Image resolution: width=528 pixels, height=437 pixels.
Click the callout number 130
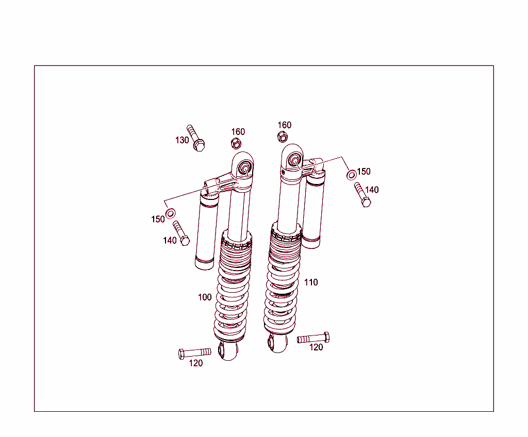click(182, 140)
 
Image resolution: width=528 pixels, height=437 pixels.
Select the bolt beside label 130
click(196, 138)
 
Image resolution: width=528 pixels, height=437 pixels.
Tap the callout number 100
click(205, 297)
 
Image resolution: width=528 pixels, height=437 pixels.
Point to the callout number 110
click(311, 282)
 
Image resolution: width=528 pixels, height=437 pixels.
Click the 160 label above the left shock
click(238, 132)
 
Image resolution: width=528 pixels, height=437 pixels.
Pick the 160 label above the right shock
click(284, 125)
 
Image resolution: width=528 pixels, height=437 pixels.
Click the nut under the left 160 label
click(236, 143)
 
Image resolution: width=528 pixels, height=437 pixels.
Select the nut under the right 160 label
click(283, 137)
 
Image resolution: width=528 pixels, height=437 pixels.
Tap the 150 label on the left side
click(158, 219)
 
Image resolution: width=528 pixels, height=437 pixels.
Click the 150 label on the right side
click(364, 172)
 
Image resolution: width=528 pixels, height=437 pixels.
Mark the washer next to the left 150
click(170, 213)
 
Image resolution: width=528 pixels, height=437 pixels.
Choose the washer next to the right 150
click(351, 174)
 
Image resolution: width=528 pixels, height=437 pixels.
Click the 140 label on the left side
click(170, 241)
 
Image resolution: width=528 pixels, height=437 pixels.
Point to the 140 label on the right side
click(371, 190)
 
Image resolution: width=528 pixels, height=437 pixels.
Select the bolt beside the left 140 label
click(181, 233)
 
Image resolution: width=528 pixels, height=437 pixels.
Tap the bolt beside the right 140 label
click(362, 194)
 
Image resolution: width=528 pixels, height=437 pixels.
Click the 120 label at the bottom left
click(195, 363)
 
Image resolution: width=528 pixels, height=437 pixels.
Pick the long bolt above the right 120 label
click(313, 338)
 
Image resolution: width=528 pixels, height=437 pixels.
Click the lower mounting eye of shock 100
click(228, 351)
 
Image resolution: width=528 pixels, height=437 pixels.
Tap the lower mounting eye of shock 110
click(277, 342)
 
